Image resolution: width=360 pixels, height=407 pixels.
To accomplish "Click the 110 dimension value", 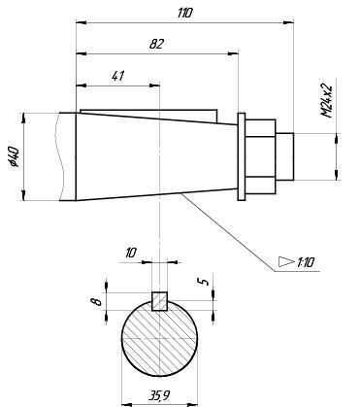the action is tap(185, 13).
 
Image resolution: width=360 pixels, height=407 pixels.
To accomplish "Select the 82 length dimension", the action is tap(157, 44).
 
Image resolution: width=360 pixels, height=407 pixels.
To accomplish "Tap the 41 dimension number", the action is tap(118, 76).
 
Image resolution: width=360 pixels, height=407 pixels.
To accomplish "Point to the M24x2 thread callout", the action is tap(327, 101).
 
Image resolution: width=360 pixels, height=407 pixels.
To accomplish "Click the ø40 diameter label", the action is tap(15, 156).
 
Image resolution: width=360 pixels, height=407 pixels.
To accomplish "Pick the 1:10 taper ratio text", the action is tap(306, 262).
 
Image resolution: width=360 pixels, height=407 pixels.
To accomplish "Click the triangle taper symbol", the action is tap(286, 261).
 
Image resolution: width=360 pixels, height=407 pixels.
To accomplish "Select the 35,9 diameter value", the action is tap(159, 395).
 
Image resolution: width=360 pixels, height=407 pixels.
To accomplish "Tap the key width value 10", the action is tap(131, 253).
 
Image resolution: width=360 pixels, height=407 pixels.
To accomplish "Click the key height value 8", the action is tap(96, 302).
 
